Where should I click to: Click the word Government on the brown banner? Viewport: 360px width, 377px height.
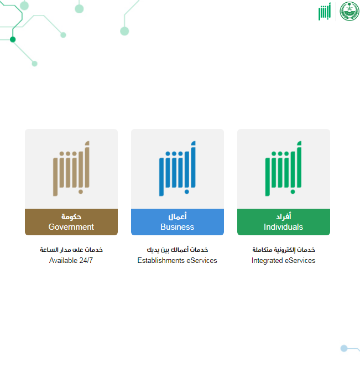[x=71, y=227]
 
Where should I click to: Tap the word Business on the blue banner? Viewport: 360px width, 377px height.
[x=178, y=227]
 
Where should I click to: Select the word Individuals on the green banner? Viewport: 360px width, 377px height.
[x=283, y=227]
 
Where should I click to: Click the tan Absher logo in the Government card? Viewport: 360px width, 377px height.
[x=71, y=168]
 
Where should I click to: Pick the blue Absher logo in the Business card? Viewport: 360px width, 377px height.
[x=178, y=168]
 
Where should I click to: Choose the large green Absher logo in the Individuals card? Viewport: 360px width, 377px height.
[x=283, y=168]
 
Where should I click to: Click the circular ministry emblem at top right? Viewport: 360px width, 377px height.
[x=349, y=11]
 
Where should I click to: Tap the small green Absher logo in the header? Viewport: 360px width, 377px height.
[x=325, y=11]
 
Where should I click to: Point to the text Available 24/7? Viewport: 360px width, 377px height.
[x=71, y=260]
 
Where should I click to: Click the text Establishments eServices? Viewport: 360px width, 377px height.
[x=178, y=260]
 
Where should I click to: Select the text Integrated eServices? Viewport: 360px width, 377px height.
[x=283, y=260]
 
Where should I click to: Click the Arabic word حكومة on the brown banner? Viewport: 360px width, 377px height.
[x=71, y=216]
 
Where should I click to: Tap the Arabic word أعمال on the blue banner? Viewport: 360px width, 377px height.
[x=178, y=216]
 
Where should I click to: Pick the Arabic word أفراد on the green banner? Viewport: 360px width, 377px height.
[x=283, y=216]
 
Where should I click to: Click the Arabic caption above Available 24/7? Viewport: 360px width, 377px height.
[x=71, y=250]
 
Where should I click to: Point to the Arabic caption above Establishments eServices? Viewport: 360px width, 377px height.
[x=178, y=250]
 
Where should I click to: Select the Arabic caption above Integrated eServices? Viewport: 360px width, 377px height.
[x=283, y=250]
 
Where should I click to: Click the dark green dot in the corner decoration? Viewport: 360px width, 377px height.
[x=13, y=39]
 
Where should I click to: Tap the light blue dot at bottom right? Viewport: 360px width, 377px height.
[x=344, y=348]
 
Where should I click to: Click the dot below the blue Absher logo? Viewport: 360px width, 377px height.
[x=186, y=192]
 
